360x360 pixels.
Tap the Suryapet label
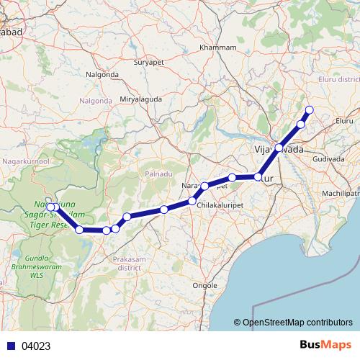pos(150,63)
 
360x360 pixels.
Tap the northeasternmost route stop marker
pos(310,109)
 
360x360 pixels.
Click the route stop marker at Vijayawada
pos(279,147)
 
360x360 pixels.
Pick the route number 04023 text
pos(36,346)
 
